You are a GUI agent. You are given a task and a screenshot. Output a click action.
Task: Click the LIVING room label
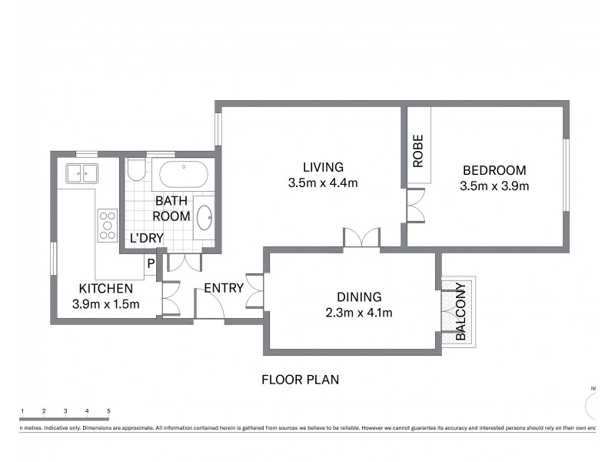pos(323,167)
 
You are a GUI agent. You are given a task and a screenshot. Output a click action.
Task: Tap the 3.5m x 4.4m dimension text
pos(323,183)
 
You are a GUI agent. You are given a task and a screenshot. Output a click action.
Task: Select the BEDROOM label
pos(494,170)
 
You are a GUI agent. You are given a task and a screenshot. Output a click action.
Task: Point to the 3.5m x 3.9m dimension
pos(494,186)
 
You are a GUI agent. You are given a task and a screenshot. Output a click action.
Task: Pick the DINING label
pos(360,297)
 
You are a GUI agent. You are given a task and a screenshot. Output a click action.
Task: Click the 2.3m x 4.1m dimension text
pos(360,313)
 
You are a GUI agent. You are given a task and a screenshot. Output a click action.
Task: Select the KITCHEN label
pos(106,289)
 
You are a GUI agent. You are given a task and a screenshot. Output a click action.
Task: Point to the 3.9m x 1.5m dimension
pos(106,304)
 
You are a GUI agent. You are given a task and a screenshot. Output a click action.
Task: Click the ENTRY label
pos(224,289)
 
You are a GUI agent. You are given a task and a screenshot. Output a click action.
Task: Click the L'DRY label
pos(146,238)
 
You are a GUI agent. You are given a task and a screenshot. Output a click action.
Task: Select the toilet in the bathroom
pos(136,169)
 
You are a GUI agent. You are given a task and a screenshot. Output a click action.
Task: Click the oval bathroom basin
pos(205,218)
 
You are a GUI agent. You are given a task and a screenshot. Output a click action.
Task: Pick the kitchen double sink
pos(81,173)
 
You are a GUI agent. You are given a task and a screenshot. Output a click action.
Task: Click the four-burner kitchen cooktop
pos(107,225)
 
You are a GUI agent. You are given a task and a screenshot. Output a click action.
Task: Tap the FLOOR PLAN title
pos(300,380)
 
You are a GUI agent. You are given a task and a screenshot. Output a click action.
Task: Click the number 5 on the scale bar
pos(108,411)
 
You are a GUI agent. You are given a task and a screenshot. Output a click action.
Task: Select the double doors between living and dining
pos(361,239)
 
